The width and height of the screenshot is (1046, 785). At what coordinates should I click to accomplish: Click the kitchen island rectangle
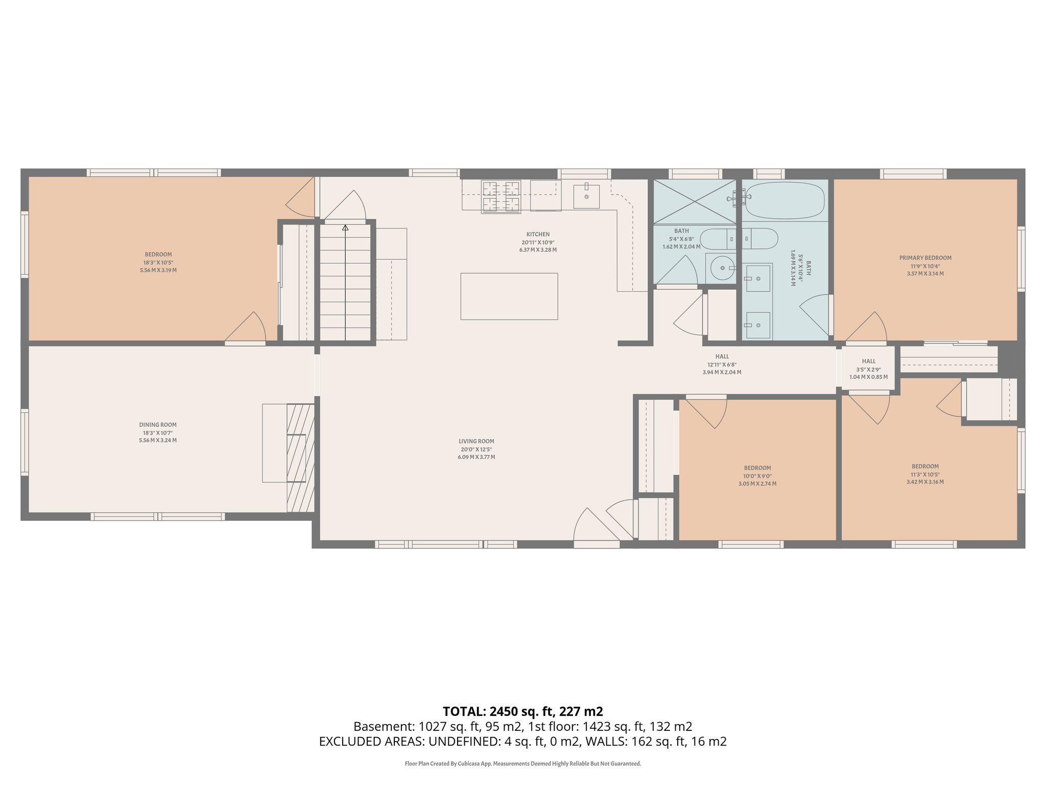(x=509, y=296)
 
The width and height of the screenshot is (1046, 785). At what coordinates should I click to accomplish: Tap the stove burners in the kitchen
(x=501, y=197)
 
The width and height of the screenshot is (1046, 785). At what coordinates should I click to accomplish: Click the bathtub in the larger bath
(x=784, y=201)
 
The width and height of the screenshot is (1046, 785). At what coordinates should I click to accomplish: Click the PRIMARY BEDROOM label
(x=925, y=258)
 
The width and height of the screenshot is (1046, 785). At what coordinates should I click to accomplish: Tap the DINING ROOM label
(x=158, y=425)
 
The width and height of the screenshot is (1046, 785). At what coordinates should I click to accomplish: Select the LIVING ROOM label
(x=476, y=441)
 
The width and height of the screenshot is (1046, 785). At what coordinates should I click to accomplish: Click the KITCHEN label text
(x=538, y=235)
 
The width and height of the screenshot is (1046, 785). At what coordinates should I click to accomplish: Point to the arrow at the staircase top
(x=345, y=228)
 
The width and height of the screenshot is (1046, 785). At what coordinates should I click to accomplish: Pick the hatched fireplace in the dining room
(x=300, y=457)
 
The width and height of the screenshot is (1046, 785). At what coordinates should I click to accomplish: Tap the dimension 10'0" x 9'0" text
(x=757, y=476)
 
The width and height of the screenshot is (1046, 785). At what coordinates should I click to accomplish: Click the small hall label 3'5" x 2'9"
(x=868, y=370)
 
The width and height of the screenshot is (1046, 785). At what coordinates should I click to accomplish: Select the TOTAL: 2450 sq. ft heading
(x=522, y=711)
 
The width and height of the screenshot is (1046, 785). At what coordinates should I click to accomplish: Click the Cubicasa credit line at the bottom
(x=522, y=764)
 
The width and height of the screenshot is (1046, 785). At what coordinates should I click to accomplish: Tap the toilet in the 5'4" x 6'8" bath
(x=716, y=239)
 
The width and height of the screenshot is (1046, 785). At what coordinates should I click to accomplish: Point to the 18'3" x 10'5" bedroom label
(x=158, y=262)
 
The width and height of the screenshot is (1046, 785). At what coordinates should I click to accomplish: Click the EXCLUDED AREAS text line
(x=522, y=742)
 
